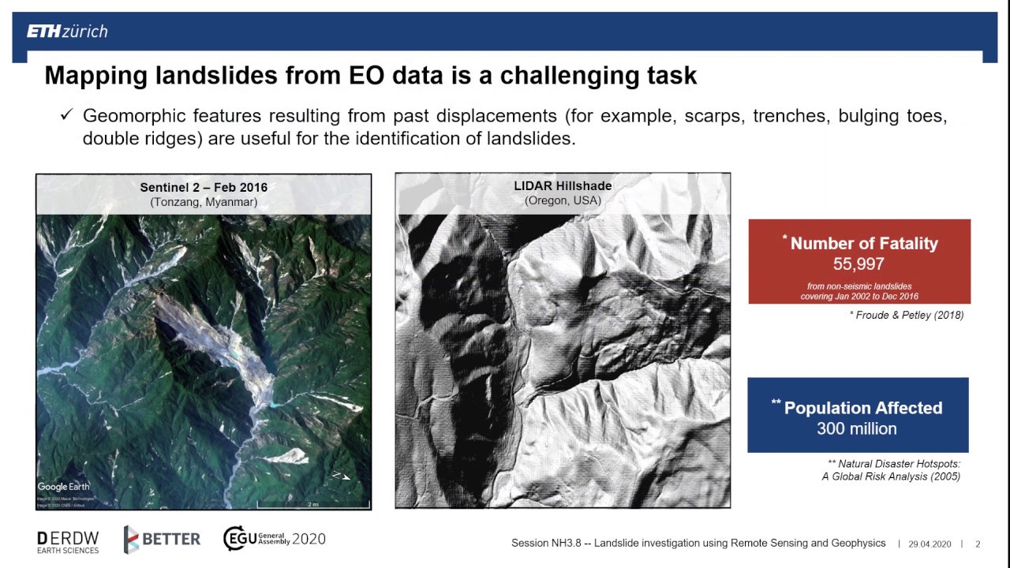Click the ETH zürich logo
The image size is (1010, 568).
(67, 32)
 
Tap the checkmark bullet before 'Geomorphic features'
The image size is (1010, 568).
(66, 115)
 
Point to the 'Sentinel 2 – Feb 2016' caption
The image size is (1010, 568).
(204, 188)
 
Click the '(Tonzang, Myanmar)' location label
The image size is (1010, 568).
(204, 202)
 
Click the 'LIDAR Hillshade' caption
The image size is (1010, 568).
(563, 186)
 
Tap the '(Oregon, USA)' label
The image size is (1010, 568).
(563, 200)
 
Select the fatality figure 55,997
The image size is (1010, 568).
(858, 264)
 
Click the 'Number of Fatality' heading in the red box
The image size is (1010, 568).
(863, 244)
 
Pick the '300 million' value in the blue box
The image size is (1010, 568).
(857, 429)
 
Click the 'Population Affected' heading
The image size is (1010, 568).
(862, 408)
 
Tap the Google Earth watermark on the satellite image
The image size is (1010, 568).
(64, 487)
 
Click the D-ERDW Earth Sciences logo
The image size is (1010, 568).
(68, 542)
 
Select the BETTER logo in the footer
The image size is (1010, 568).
(162, 540)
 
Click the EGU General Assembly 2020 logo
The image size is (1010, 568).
(274, 539)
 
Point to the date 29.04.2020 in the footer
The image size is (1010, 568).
(930, 544)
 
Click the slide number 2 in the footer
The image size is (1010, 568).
(978, 544)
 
